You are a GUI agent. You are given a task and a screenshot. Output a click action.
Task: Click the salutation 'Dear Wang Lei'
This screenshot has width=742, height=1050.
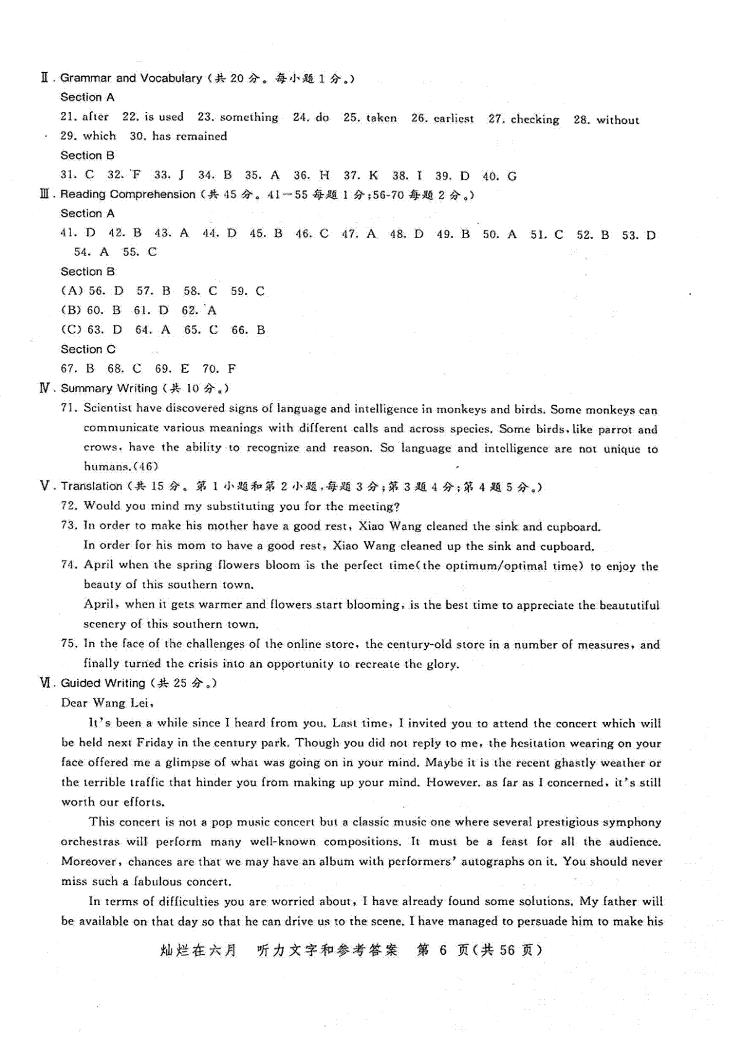(106, 703)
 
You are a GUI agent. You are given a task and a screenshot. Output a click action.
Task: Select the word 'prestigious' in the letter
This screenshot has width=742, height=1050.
(567, 822)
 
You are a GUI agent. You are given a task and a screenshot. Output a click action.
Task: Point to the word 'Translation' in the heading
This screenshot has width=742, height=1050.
(92, 486)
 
